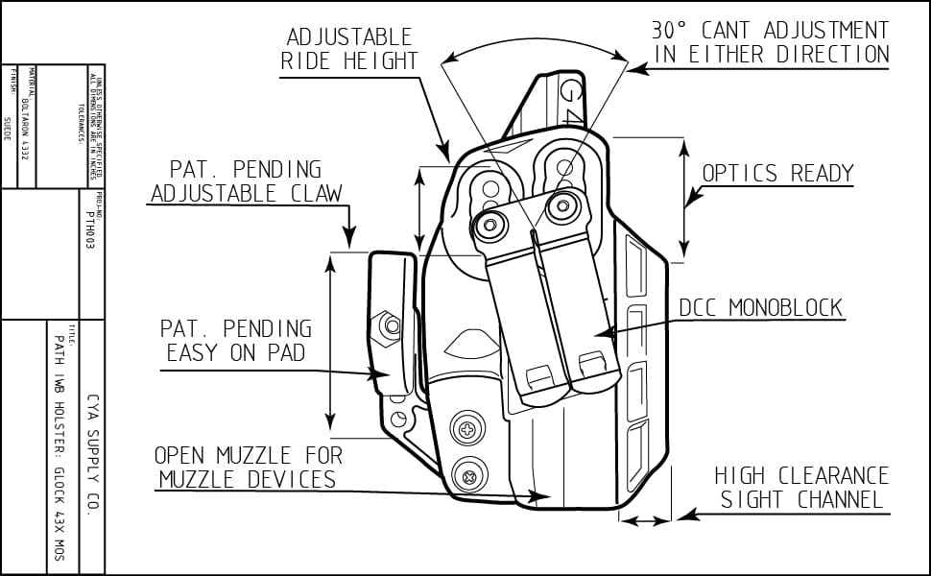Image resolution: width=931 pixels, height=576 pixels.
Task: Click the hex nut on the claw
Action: (391, 325)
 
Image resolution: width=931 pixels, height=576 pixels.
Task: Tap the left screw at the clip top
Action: (490, 225)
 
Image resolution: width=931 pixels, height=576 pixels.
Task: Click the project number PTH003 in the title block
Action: (90, 229)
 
